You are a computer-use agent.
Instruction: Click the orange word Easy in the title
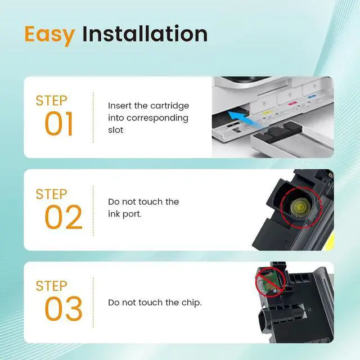[x=49, y=35]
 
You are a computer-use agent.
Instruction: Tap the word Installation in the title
[x=145, y=34]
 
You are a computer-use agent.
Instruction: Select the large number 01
[x=59, y=124]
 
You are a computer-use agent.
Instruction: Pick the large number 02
[x=64, y=217]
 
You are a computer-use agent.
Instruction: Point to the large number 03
[x=64, y=309]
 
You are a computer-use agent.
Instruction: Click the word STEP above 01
[x=51, y=101]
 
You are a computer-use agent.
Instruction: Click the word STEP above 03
[x=51, y=286]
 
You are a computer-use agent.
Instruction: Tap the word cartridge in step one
[x=170, y=106]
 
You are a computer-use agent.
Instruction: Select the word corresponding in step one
[x=157, y=118]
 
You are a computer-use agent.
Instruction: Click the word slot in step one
[x=116, y=130]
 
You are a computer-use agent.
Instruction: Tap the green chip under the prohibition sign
[x=270, y=283]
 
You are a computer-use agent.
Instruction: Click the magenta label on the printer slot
[x=292, y=103]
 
